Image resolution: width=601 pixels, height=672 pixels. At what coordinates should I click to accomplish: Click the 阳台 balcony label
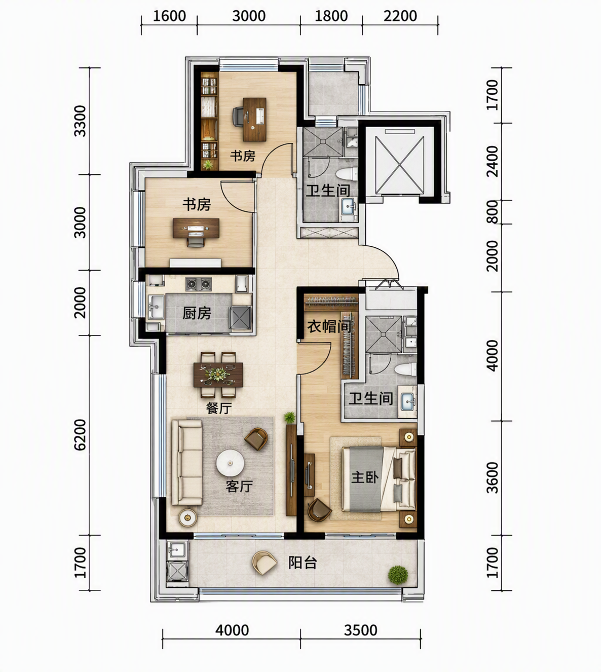pyautogui.click(x=303, y=563)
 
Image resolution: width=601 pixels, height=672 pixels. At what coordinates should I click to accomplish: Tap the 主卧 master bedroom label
pyautogui.click(x=365, y=477)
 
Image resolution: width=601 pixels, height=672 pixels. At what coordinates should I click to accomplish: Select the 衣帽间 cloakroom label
pyautogui.click(x=329, y=327)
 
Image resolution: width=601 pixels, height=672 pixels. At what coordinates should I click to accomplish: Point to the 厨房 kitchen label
pyautogui.click(x=197, y=313)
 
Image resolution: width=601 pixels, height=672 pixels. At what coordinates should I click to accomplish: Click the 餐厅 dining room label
pyautogui.click(x=219, y=408)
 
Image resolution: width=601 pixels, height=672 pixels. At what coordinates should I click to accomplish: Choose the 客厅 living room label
pyautogui.click(x=239, y=487)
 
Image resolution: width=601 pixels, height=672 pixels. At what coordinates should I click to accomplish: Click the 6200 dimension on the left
pyautogui.click(x=80, y=435)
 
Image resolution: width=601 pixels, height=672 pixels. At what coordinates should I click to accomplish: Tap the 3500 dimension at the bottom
pyautogui.click(x=360, y=630)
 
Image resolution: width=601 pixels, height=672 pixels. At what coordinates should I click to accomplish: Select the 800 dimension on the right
pyautogui.click(x=493, y=212)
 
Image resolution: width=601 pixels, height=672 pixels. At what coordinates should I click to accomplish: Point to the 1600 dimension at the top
pyautogui.click(x=169, y=16)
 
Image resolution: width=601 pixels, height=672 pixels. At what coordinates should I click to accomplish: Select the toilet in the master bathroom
pyautogui.click(x=405, y=369)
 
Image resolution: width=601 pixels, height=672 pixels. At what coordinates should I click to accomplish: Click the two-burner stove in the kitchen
pyautogui.click(x=199, y=284)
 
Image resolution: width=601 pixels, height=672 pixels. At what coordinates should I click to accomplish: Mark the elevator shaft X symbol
pyautogui.click(x=400, y=166)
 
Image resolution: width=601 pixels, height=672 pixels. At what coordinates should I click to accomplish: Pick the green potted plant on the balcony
pyautogui.click(x=398, y=575)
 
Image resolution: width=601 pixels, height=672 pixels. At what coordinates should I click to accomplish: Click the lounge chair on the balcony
pyautogui.click(x=265, y=563)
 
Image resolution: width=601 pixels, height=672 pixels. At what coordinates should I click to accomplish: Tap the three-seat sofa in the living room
pyautogui.click(x=186, y=462)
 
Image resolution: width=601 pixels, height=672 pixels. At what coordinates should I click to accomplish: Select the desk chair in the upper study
pyautogui.click(x=238, y=117)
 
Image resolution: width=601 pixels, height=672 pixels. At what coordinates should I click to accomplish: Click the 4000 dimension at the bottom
pyautogui.click(x=232, y=630)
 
